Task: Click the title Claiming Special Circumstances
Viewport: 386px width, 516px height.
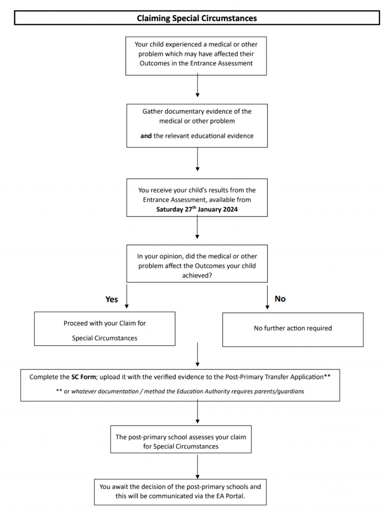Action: (197, 18)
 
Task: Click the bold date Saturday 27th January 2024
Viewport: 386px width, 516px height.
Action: (197, 210)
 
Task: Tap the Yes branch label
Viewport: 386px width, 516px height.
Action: (112, 299)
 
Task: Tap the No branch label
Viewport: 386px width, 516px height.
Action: (280, 298)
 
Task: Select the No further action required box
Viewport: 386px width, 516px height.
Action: (293, 329)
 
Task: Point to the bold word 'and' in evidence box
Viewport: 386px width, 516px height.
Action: (146, 136)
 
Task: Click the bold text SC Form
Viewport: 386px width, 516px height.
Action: (80, 376)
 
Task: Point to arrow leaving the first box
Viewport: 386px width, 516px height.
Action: (197, 86)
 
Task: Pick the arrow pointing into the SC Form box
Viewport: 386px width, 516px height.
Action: (197, 356)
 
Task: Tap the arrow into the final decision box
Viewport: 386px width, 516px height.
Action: (197, 466)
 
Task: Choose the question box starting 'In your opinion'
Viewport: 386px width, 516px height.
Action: (197, 264)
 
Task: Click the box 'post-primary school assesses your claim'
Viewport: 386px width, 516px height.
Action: (181, 441)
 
